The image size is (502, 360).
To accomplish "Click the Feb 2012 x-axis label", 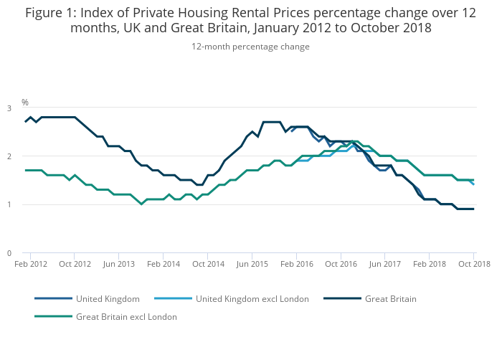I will coord(30,264).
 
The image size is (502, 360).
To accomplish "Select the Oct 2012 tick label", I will coord(75,264).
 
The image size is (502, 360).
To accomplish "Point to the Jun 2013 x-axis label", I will coord(119,264).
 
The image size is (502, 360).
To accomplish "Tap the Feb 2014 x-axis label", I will coord(164,264).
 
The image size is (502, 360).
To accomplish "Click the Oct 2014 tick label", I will coord(208,264).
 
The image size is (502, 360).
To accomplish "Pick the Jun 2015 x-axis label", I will coord(252,264).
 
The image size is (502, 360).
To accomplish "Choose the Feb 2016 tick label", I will coord(297,264).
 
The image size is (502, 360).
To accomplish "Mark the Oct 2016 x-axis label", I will coord(341,264).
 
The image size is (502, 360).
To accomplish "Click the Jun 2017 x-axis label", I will coord(385,264).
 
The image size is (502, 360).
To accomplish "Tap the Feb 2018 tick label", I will coord(430,264).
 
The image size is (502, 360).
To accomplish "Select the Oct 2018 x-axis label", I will coord(474,264).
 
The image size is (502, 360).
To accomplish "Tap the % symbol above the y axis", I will coord(25,103).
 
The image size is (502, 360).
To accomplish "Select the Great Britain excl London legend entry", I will coord(126,316).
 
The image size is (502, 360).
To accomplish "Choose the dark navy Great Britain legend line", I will coord(340,298).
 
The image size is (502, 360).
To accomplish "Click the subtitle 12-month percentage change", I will coord(250,47).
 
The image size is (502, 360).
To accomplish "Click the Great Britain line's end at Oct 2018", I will coord(473,209).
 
